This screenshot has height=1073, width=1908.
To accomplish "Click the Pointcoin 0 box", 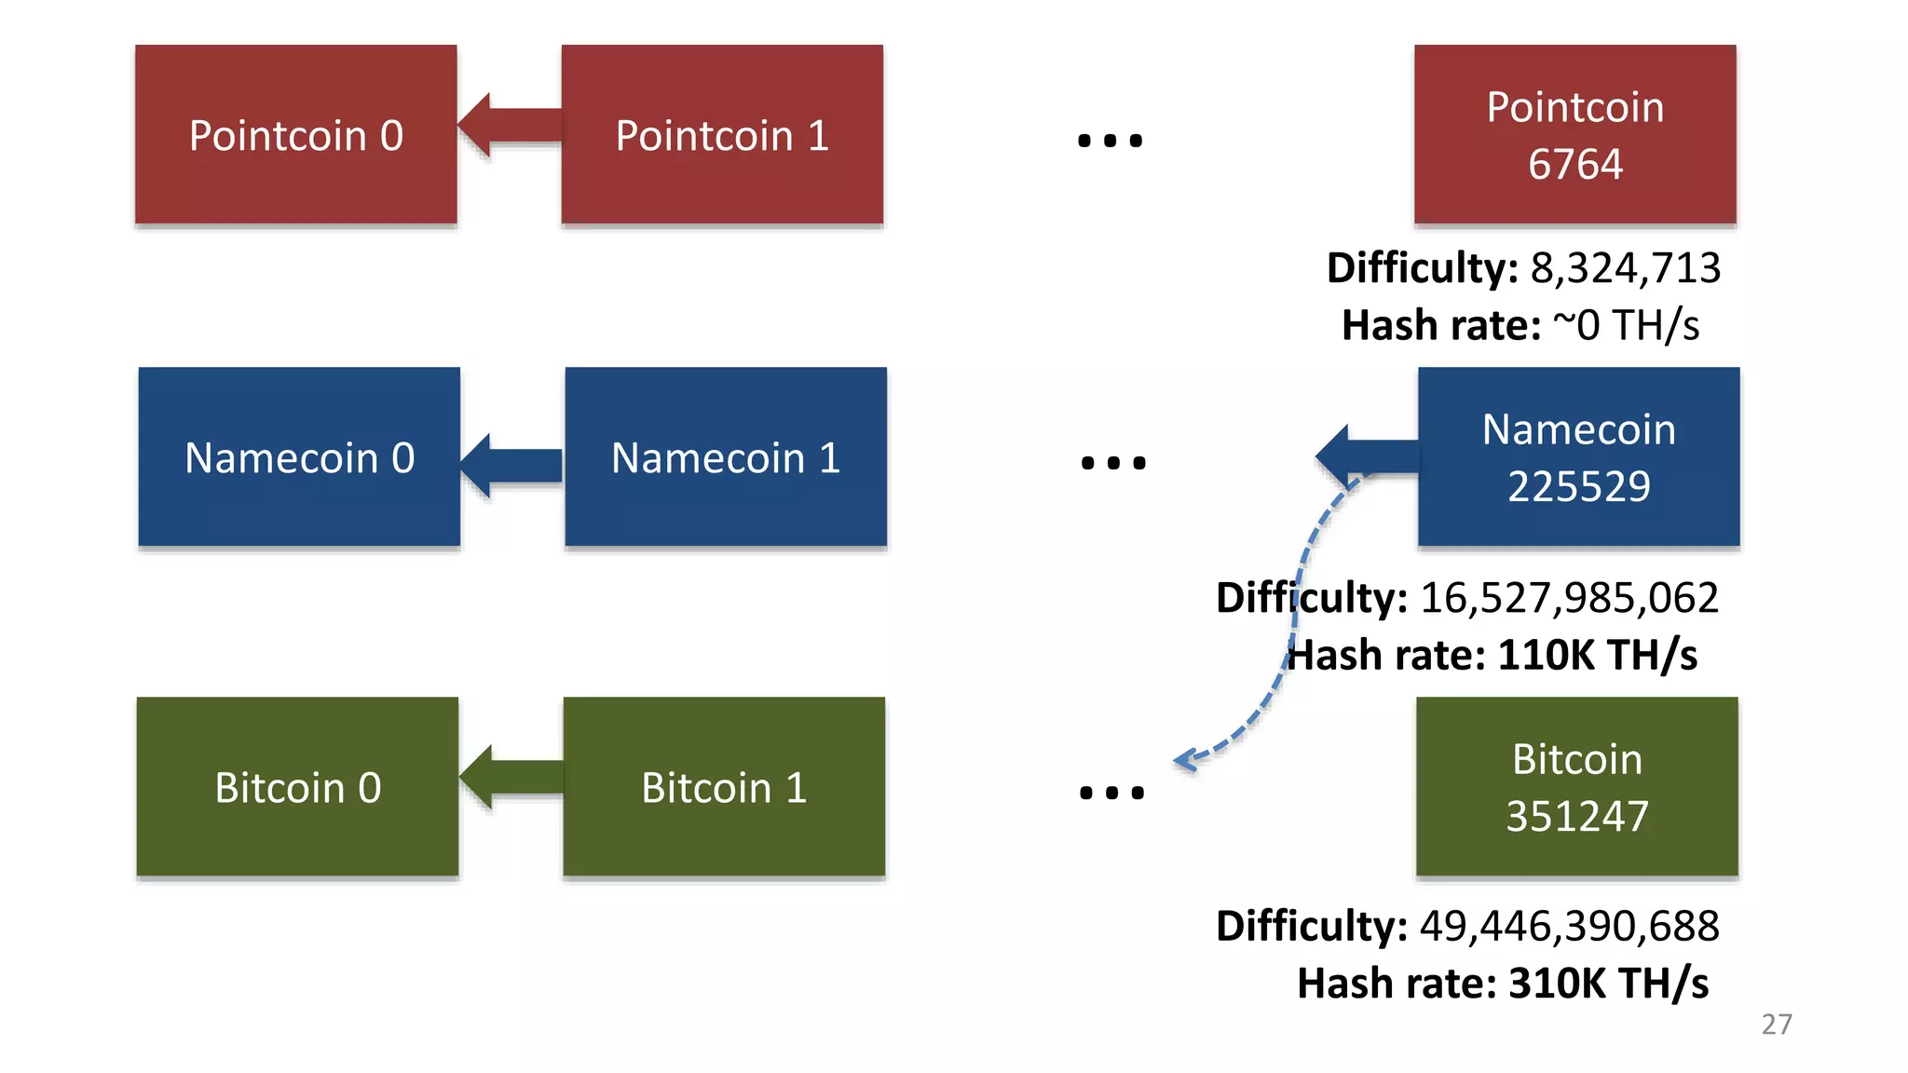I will (x=296, y=135).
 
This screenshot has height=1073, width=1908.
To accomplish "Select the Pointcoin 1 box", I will (x=722, y=135).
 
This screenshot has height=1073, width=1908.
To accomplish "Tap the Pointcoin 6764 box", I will (x=1574, y=135).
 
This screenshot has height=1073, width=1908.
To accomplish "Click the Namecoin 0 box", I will (x=299, y=456).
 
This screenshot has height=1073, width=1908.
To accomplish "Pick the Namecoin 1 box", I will (x=725, y=456).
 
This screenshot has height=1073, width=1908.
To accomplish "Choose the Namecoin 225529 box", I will (x=1578, y=456).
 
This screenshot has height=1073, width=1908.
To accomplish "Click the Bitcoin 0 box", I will (x=297, y=786).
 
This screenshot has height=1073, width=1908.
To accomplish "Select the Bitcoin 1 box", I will (x=724, y=786).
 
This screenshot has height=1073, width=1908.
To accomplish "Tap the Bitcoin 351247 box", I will (x=1576, y=786).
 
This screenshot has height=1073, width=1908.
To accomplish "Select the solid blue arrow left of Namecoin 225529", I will (x=1366, y=456).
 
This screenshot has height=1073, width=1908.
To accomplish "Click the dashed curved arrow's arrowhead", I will (x=1185, y=760).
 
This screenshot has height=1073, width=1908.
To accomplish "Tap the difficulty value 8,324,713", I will (x=1625, y=268).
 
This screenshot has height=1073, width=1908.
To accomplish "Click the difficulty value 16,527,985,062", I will (x=1569, y=597).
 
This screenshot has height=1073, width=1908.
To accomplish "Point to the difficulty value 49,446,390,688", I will (x=1569, y=926).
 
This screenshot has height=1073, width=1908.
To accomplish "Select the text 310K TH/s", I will (x=1608, y=984).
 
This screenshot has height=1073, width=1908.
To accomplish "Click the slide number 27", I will (x=1776, y=1024).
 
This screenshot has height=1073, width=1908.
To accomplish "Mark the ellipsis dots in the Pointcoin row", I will (x=1110, y=141).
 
